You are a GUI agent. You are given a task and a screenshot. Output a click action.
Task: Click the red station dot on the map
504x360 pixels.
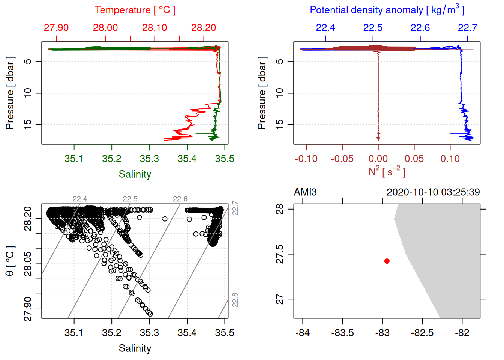(x=387, y=261)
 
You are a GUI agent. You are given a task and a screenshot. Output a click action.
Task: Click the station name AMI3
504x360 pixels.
(x=305, y=192)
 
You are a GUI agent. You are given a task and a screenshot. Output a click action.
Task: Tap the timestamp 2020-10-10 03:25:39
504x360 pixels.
(x=433, y=192)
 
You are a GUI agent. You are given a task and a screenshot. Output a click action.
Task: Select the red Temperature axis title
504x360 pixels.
(x=135, y=10)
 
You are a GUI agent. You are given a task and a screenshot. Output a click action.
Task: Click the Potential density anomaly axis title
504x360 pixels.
(x=387, y=10)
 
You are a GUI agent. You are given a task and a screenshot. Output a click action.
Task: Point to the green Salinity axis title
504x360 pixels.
(x=135, y=174)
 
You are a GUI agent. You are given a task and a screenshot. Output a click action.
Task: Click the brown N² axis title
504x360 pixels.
(x=387, y=172)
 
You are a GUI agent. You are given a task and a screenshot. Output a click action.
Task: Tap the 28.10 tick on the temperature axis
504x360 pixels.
(x=154, y=28)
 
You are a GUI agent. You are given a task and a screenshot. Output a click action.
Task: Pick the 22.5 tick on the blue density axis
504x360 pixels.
(x=373, y=28)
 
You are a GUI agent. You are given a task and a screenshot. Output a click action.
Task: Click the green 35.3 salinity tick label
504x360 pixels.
(x=149, y=159)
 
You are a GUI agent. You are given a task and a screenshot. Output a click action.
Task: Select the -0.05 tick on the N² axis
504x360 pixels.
(x=342, y=159)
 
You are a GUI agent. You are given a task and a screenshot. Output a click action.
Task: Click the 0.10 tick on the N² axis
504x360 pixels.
(x=450, y=159)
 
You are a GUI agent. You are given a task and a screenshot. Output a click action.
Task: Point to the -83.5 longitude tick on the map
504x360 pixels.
(x=342, y=333)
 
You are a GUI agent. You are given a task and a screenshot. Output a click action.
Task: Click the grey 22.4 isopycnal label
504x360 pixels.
(x=80, y=199)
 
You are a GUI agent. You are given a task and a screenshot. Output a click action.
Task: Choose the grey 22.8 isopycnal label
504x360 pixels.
(x=235, y=300)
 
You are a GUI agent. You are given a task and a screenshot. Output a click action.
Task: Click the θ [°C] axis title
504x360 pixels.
(x=10, y=261)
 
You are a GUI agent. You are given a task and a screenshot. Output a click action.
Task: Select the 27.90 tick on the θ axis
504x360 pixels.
(x=28, y=309)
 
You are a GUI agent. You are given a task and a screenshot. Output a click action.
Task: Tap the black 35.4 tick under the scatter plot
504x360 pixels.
(x=187, y=333)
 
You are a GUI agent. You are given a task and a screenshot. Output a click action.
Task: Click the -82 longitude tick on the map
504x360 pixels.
(x=462, y=333)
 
